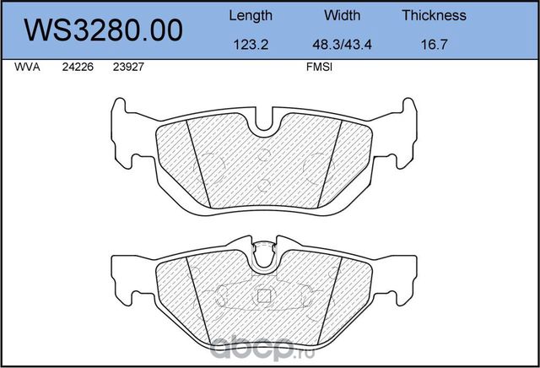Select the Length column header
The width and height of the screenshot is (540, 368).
click(251, 15)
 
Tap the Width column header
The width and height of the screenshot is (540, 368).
click(342, 15)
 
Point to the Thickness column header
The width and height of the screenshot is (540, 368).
click(434, 15)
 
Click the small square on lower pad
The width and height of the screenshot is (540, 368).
click(262, 296)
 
